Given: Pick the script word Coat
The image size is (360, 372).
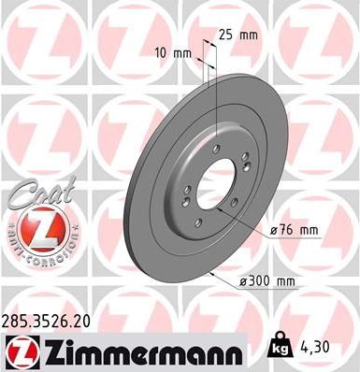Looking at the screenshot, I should (x=35, y=196).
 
